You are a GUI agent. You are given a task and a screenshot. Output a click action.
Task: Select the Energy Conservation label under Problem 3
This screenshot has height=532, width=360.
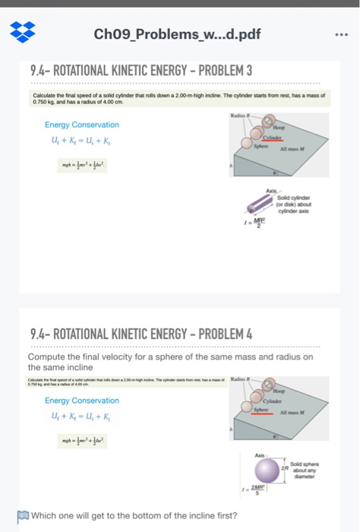coord(81,125)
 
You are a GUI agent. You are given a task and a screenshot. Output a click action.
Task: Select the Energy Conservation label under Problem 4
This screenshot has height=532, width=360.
coord(81,401)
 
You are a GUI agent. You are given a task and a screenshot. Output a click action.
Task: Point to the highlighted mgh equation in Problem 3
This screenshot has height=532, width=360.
coord(85,164)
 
